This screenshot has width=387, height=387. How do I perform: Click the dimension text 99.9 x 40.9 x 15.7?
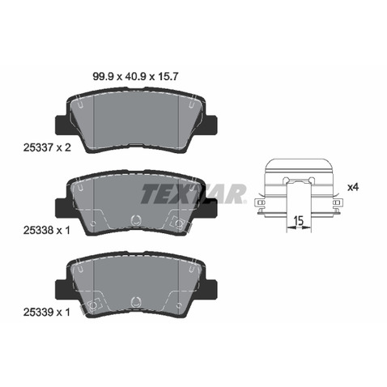pyautogui.click(x=135, y=77)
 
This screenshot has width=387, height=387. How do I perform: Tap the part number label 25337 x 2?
pyautogui.click(x=47, y=147)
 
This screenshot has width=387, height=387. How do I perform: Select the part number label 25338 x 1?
pyautogui.click(x=47, y=230)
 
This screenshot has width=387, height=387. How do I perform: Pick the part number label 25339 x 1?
pyautogui.click(x=47, y=313)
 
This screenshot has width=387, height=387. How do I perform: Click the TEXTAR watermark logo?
pyautogui.click(x=193, y=193)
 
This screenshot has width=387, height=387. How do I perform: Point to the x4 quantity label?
pyautogui.click(x=353, y=187)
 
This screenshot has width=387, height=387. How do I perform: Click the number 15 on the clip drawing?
pyautogui.click(x=299, y=221)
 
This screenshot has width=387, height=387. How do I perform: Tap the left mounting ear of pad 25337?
pyautogui.click(x=62, y=125)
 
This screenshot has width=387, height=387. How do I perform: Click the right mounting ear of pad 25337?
pyautogui.click(x=211, y=125)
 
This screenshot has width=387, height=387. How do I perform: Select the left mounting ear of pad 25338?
pyautogui.click(x=62, y=208)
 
